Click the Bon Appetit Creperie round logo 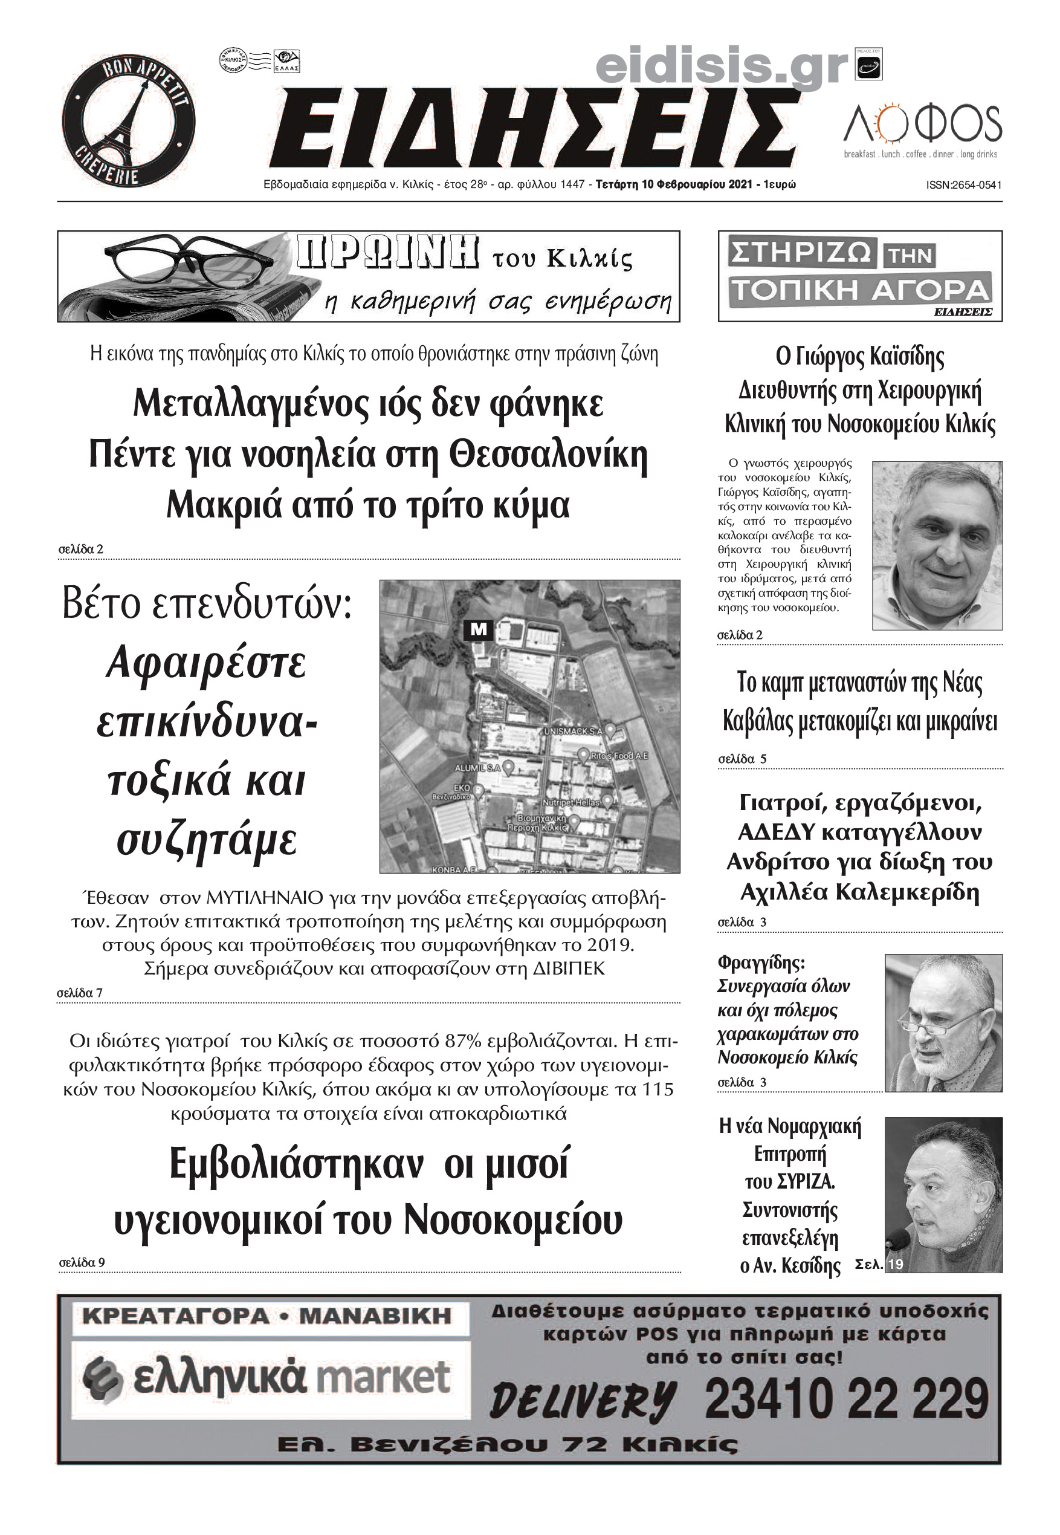tap(129, 121)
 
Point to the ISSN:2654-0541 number tap(964, 186)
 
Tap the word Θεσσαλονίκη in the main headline tap(548, 455)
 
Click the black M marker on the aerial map tap(478, 628)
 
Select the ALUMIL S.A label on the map tap(477, 767)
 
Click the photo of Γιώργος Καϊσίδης tap(937, 545)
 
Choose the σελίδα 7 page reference tap(80, 993)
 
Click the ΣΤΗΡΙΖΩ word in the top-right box tap(800, 253)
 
